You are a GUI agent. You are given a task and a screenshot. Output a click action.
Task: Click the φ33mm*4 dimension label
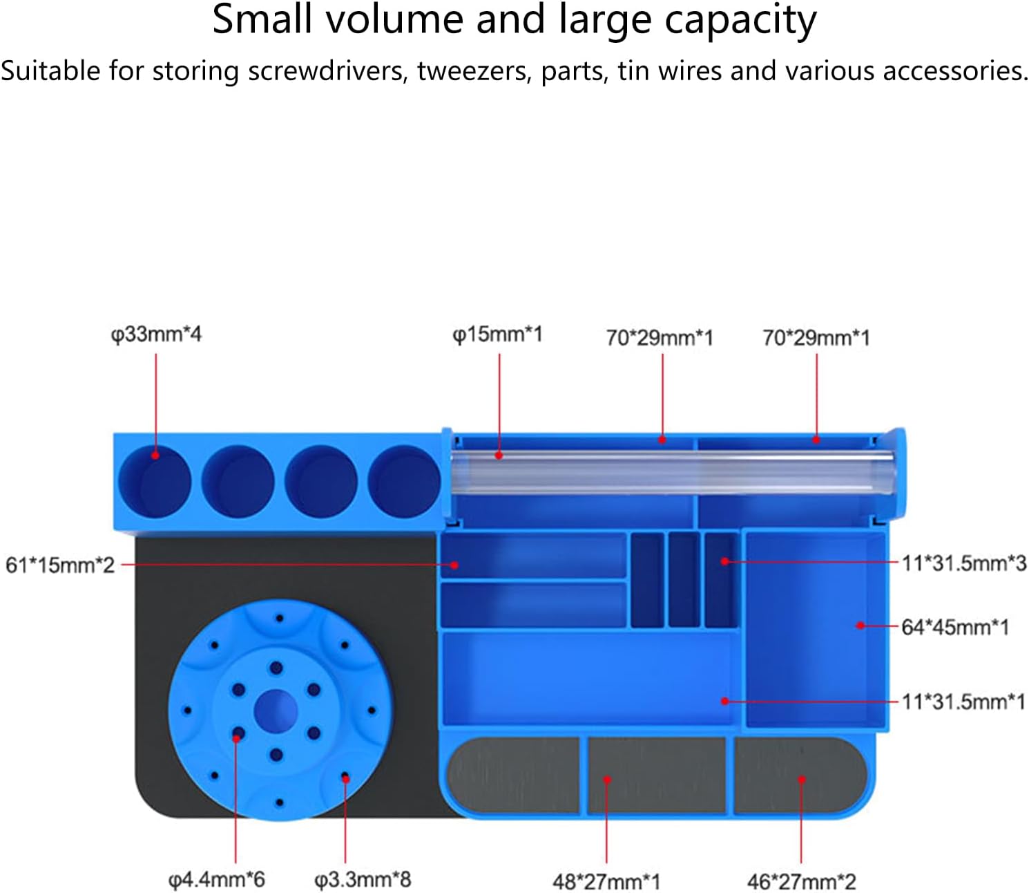pyautogui.click(x=156, y=335)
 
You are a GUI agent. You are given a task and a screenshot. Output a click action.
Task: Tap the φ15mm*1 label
pyautogui.click(x=497, y=335)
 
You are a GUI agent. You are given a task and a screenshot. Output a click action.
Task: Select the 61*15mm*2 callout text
pyautogui.click(x=60, y=565)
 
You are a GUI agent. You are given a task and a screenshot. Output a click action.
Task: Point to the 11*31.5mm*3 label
pyautogui.click(x=964, y=563)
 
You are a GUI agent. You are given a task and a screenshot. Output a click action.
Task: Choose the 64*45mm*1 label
pyautogui.click(x=955, y=627)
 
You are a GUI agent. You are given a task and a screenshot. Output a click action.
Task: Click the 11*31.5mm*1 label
pyautogui.click(x=964, y=702)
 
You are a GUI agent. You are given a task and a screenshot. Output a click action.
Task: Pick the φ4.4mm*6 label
pyautogui.click(x=217, y=880)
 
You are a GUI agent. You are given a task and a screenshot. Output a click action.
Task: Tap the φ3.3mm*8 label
pyautogui.click(x=363, y=880)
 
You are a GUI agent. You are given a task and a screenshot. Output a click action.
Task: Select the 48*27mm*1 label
pyautogui.click(x=606, y=881)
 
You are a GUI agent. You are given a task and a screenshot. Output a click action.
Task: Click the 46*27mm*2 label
pyautogui.click(x=802, y=881)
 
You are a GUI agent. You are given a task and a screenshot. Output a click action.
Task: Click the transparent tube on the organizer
pyautogui.click(x=672, y=471)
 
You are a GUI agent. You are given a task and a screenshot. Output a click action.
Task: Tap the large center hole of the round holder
pyautogui.click(x=276, y=712)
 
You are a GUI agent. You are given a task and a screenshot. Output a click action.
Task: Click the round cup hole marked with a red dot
pyautogui.click(x=155, y=481)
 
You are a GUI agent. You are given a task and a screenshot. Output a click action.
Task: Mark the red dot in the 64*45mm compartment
pyautogui.click(x=860, y=626)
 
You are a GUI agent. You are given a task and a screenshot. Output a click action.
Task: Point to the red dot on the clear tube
pyautogui.click(x=499, y=455)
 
